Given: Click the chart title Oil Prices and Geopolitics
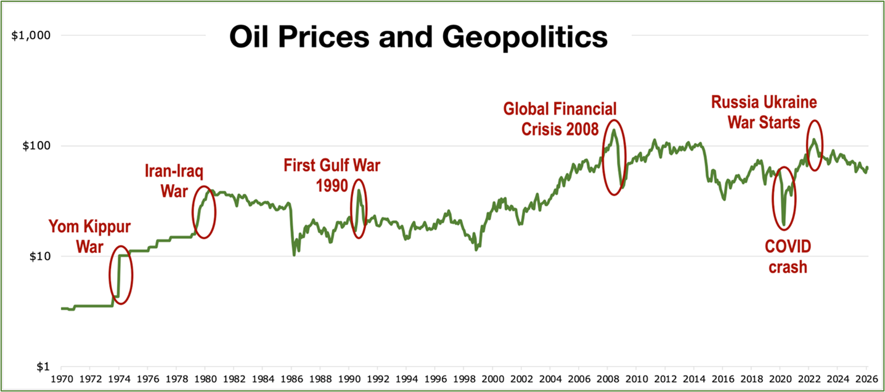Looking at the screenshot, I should [418, 37].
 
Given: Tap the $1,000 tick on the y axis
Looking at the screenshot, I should [30, 35].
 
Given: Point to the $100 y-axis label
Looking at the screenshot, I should [36, 146].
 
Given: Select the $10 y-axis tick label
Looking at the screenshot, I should [38, 256].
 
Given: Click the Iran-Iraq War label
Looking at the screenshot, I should [173, 181].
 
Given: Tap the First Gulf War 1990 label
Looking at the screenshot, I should [332, 174].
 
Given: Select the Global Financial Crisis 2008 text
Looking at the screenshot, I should [560, 118].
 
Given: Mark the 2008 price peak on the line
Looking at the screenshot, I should [614, 130].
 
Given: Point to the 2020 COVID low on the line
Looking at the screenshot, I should [783, 225].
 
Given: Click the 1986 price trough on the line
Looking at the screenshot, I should [294, 255].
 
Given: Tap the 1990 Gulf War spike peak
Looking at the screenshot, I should [359, 191].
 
